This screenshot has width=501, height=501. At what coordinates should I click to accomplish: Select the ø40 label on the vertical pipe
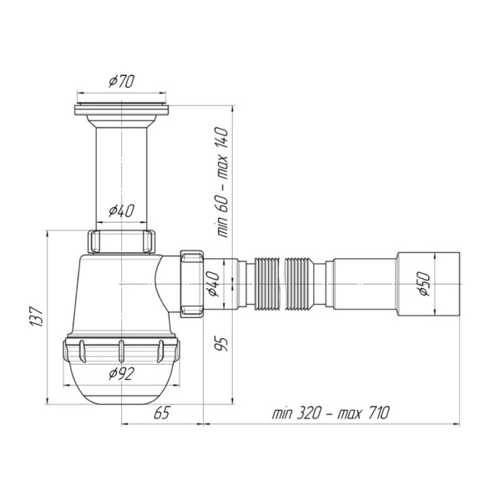click(x=122, y=211)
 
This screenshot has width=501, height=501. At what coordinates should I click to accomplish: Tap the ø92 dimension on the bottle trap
click(x=122, y=373)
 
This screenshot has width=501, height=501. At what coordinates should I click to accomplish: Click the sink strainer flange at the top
click(x=123, y=109)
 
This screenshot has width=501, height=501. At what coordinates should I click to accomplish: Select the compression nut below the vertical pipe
click(x=122, y=240)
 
